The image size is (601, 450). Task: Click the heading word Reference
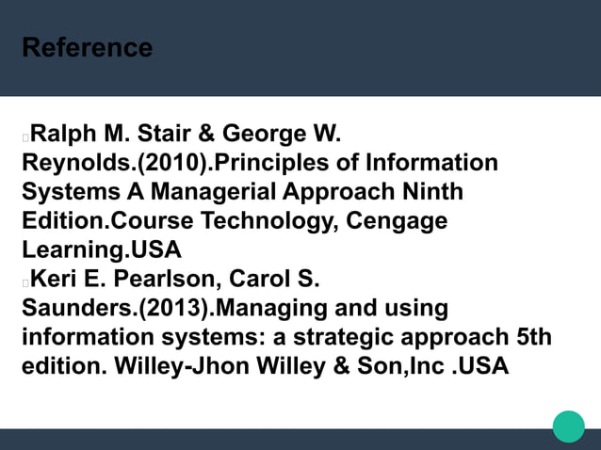click(x=87, y=47)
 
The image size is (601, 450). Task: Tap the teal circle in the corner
click(x=569, y=426)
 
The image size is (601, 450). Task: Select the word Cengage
click(x=397, y=221)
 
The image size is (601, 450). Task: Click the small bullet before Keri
click(x=25, y=281)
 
